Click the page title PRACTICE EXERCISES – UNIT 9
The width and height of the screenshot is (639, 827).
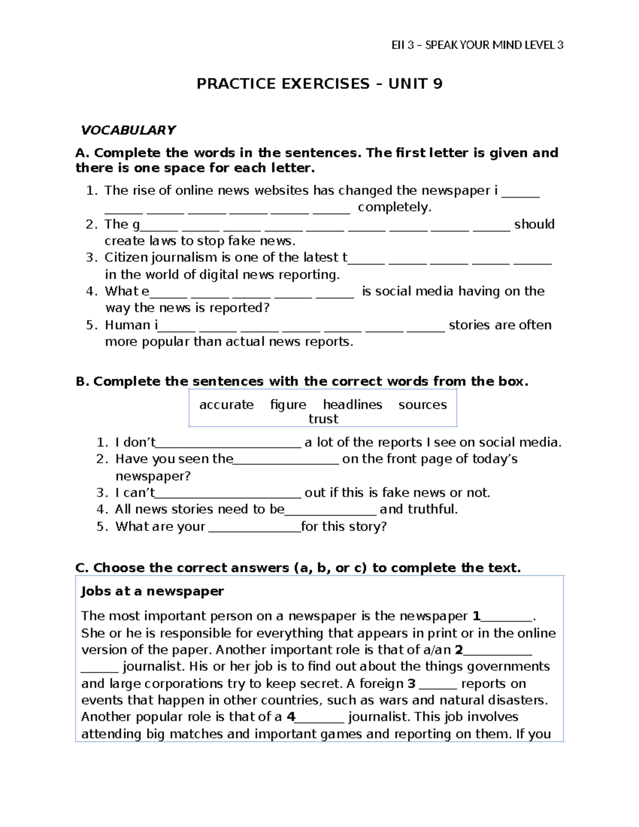[319, 84]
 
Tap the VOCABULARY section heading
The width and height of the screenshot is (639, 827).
[128, 130]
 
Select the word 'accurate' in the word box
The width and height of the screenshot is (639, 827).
[226, 405]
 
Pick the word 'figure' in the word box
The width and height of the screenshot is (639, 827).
[288, 405]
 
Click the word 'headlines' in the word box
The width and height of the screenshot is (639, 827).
[353, 405]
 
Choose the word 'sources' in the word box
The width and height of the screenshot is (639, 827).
[422, 405]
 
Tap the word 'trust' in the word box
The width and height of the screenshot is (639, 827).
[323, 419]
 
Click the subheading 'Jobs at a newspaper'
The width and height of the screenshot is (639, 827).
[152, 592]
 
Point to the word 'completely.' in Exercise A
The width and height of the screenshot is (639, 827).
[394, 207]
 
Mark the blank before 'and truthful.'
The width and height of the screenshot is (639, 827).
[331, 510]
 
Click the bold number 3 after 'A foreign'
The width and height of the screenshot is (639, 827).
[411, 684]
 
